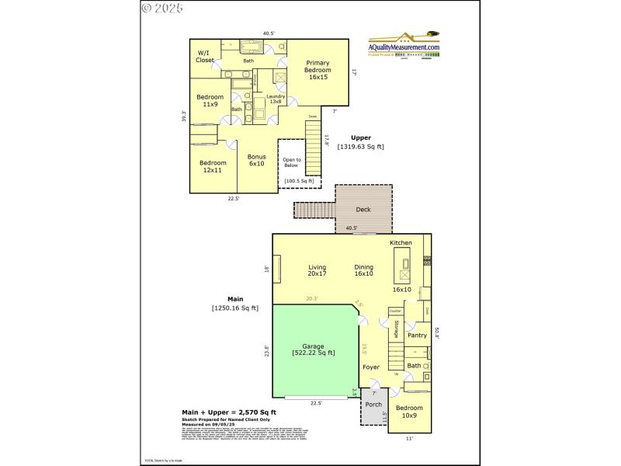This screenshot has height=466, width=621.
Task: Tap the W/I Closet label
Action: coord(205,56)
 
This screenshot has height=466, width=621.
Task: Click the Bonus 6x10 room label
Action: coord(256,160)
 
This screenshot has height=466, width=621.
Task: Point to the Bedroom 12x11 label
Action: coord(213,165)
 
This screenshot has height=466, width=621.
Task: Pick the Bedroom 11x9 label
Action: coord(210,100)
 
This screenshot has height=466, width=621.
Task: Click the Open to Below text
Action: coord(291,162)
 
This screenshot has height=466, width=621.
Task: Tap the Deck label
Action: coord(363,210)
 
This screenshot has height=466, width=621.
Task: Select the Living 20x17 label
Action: coord(317,270)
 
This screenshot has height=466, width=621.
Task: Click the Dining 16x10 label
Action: coord(363,270)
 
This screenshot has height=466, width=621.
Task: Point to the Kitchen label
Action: coord(401,243)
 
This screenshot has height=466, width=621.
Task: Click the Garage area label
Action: coord(314,349)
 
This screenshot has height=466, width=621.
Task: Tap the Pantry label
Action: coord(417,336)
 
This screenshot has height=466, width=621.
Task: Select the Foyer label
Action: coord(371,367)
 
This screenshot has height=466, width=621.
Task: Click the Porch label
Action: coord(373,405)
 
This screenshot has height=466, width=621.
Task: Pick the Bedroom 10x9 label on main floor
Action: coord(409,412)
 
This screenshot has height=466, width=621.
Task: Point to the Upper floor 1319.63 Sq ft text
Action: coord(360,142)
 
